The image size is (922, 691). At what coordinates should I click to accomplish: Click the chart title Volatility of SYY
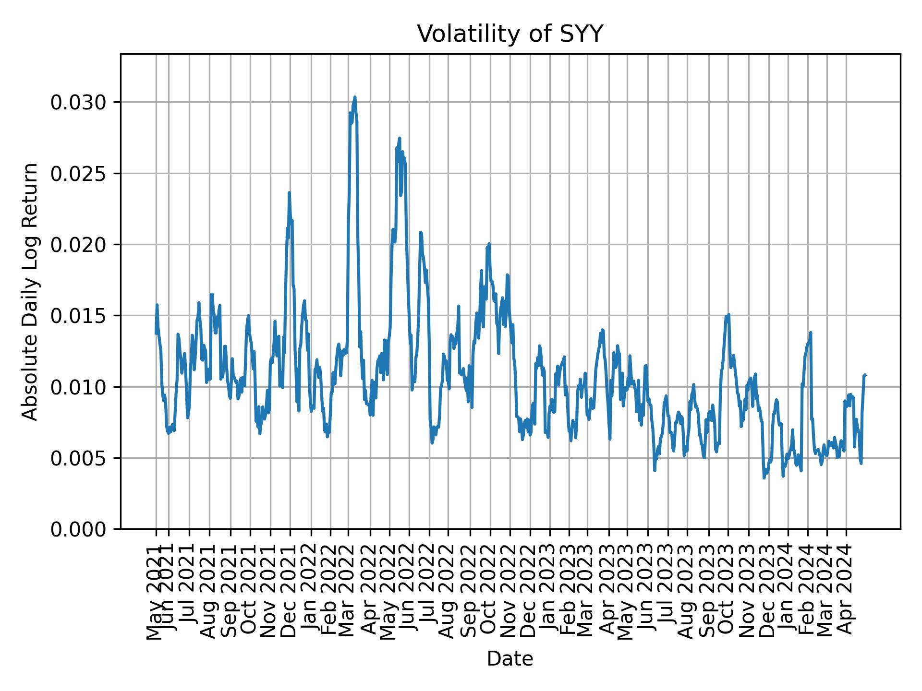coord(510,34)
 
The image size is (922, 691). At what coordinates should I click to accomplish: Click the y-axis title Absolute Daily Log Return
coord(31,292)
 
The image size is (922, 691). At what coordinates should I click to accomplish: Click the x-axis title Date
coord(510,659)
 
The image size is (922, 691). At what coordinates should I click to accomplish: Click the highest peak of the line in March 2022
coord(354,97)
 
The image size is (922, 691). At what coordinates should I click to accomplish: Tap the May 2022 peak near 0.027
coord(400,139)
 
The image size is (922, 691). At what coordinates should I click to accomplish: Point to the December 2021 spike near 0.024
coord(289,193)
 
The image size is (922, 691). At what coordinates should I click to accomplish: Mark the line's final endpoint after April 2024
coord(865,375)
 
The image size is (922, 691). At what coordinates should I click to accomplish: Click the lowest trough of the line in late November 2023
coord(764,477)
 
